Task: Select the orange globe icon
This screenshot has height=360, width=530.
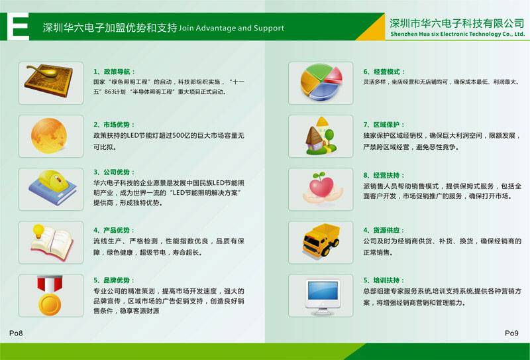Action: point(49,136)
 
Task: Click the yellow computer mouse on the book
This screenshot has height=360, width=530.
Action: point(52,180)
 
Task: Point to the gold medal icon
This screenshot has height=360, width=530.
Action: point(50,296)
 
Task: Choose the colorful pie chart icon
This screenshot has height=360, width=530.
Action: point(321,82)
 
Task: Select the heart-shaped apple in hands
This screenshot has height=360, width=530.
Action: point(322,188)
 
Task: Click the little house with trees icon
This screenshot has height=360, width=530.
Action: point(321,136)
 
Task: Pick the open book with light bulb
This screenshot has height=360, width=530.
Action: point(52,242)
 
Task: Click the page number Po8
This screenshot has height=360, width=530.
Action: point(16,333)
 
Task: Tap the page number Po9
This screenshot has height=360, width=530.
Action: point(511,333)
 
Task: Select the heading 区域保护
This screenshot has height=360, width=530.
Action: point(386,125)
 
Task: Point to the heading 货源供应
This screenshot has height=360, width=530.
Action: point(386,231)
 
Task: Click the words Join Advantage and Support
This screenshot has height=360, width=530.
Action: point(231,28)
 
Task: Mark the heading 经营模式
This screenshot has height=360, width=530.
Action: point(387,72)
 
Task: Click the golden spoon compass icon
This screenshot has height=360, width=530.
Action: point(49,80)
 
